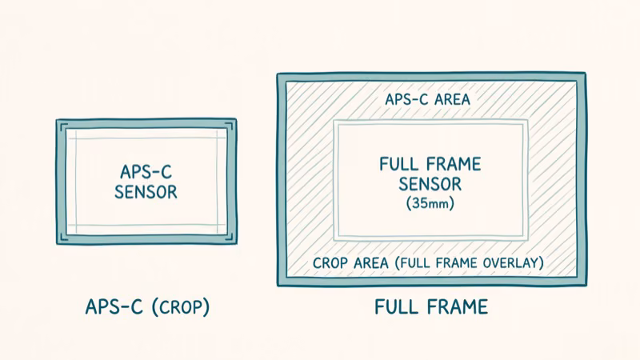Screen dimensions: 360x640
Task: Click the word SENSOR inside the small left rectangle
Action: pos(146,193)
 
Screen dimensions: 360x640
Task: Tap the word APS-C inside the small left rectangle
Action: pos(146,172)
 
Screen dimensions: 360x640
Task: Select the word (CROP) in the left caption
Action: pos(181,307)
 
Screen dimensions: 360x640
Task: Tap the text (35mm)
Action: pos(430,204)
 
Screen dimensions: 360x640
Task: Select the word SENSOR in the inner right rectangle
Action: pos(430,185)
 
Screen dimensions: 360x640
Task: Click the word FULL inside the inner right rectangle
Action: pos(398,165)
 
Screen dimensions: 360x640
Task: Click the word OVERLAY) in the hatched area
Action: pos(516,262)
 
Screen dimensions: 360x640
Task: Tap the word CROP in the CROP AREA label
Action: pos(331,262)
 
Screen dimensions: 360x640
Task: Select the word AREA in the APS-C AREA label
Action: pos(451,100)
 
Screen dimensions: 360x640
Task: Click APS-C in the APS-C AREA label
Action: pos(406,100)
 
